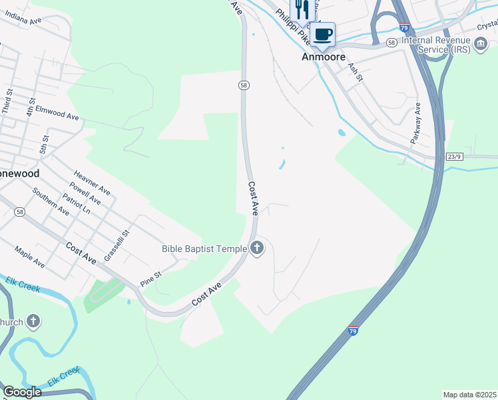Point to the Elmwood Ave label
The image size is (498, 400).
coord(57,112)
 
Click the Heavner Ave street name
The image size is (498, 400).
coord(92,182)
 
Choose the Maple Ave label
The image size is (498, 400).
coord(30,257)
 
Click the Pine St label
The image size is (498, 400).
coord(151,279)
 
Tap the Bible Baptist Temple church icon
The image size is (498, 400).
coord(257,249)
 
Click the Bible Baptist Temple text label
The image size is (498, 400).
coord(204,249)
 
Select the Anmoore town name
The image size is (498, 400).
coord(324,57)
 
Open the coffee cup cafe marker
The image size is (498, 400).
coord(323,35)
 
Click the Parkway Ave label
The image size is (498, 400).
coord(417,119)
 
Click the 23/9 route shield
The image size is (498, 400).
coord(454,157)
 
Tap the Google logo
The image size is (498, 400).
coord(22,392)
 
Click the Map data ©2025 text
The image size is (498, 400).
coord(469,395)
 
